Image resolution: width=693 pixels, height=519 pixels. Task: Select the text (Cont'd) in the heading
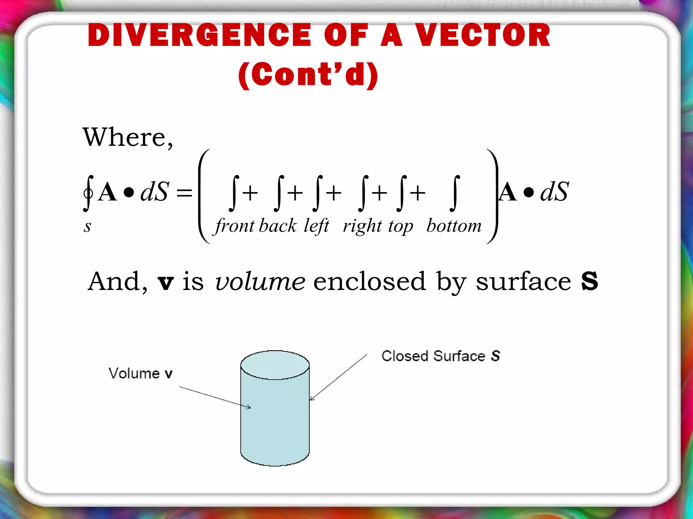point(308,75)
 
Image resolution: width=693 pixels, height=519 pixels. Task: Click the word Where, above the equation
point(128,138)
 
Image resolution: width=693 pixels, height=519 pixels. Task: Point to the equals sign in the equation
point(184,193)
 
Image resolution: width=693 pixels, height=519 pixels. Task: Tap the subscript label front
point(235,226)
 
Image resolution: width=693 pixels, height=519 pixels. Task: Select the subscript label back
point(278,226)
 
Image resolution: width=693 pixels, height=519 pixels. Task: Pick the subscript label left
point(316,226)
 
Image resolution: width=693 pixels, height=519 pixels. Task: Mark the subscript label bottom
point(454,226)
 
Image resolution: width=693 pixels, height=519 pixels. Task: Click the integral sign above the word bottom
point(455,193)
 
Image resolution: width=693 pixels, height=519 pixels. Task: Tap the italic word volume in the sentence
point(260,281)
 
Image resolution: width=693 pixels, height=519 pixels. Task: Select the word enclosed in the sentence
point(369,281)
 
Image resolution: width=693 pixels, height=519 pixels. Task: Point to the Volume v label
point(140,373)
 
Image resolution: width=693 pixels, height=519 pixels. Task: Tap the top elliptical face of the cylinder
point(275,365)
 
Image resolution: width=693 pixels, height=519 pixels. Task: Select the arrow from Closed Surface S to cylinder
point(338,377)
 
